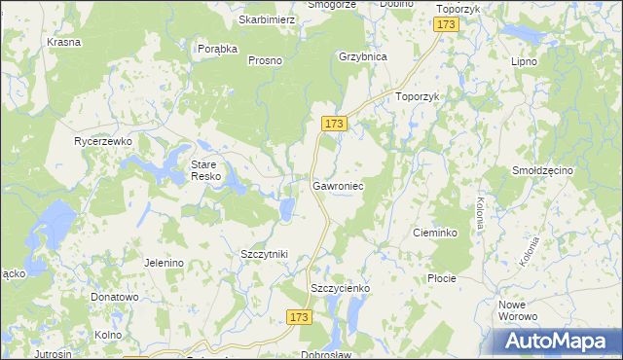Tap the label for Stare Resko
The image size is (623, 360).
point(206,170)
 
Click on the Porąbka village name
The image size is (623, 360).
point(217,50)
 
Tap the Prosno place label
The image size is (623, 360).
point(265,60)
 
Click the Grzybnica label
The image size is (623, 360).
point(362,56)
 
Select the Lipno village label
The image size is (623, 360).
point(525,60)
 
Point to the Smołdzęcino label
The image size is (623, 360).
point(543,171)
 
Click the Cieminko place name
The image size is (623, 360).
point(436,234)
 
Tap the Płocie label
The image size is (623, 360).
point(441,278)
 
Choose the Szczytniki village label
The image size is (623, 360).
point(264,254)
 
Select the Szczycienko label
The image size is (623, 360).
point(340,289)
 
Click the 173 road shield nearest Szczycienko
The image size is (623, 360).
point(300,317)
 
